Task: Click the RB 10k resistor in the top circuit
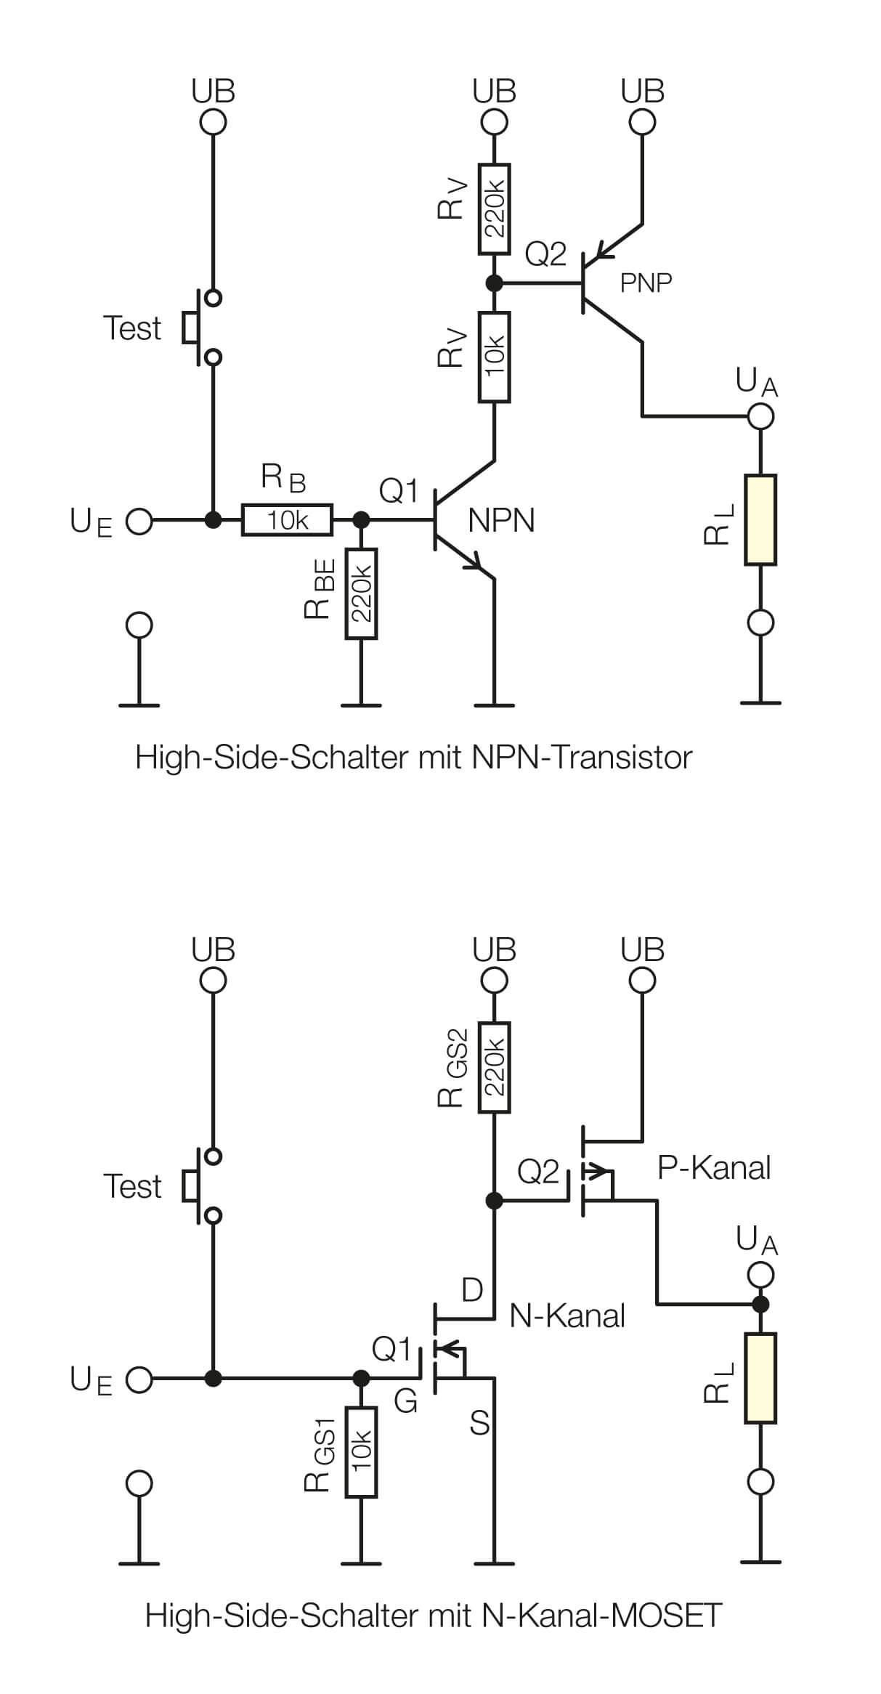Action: (x=287, y=520)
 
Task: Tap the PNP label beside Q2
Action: (x=646, y=283)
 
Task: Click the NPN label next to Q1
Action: (x=501, y=521)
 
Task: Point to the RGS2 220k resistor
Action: (x=494, y=1067)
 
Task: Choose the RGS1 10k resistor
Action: (x=361, y=1451)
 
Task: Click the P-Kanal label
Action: (x=713, y=1167)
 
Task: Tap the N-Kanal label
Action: (x=567, y=1315)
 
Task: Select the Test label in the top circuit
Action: (x=131, y=328)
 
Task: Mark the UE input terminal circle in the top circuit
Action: (x=139, y=521)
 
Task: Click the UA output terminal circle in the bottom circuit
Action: (x=760, y=1274)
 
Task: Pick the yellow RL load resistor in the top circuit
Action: (x=760, y=520)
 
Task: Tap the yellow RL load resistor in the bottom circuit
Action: (x=760, y=1378)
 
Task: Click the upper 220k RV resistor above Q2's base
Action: (x=494, y=208)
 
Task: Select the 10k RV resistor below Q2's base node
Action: (x=494, y=357)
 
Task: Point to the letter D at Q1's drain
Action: (x=472, y=1290)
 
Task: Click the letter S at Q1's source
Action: (x=479, y=1424)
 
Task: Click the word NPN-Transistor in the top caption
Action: (x=581, y=758)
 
